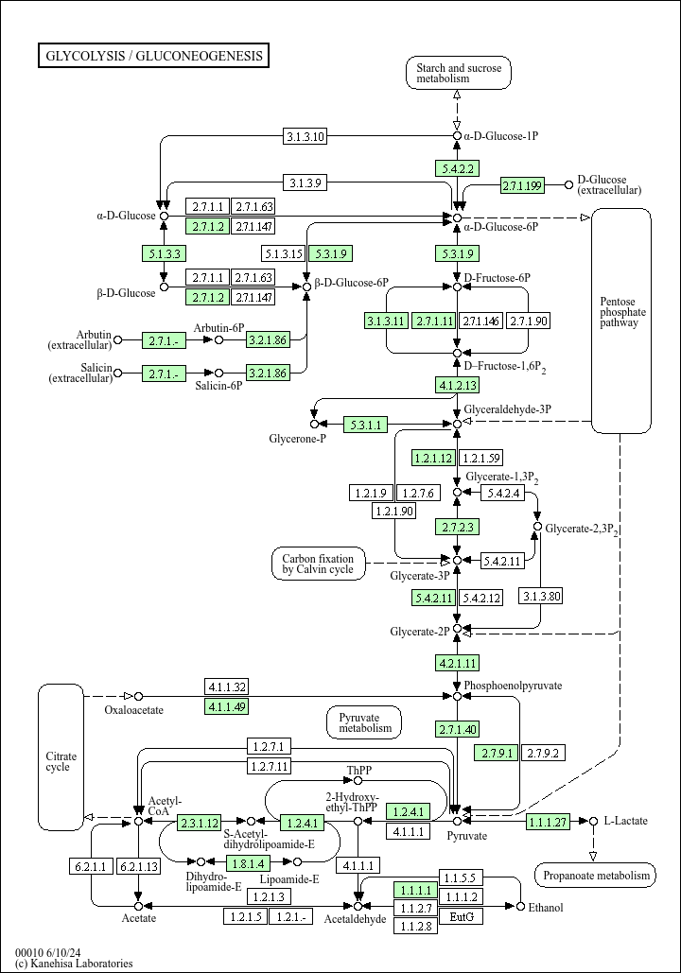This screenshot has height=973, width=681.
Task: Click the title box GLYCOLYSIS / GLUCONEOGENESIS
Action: click(153, 56)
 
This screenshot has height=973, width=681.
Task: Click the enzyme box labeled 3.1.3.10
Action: click(306, 136)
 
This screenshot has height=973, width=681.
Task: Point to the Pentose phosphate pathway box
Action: click(621, 320)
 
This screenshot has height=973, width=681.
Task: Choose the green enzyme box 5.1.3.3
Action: click(164, 252)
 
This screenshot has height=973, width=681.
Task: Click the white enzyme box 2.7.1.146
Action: click(480, 321)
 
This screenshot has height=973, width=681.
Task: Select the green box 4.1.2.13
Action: click(458, 385)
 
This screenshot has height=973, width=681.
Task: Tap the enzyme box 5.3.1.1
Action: click(365, 425)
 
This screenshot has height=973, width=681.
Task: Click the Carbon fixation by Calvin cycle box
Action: click(318, 564)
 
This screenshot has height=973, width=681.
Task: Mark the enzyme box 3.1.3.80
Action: click(541, 596)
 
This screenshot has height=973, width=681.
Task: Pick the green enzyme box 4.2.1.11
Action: click(458, 662)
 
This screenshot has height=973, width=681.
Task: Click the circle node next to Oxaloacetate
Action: click(138, 696)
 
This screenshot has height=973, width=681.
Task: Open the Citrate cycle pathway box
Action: click(61, 756)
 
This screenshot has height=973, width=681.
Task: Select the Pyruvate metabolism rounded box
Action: click(365, 722)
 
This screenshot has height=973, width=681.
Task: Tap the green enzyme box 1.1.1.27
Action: click(549, 822)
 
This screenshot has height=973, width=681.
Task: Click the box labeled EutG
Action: click(462, 916)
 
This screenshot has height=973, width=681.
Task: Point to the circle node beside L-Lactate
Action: click(593, 821)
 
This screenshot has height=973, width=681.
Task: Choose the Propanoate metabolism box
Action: click(595, 876)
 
